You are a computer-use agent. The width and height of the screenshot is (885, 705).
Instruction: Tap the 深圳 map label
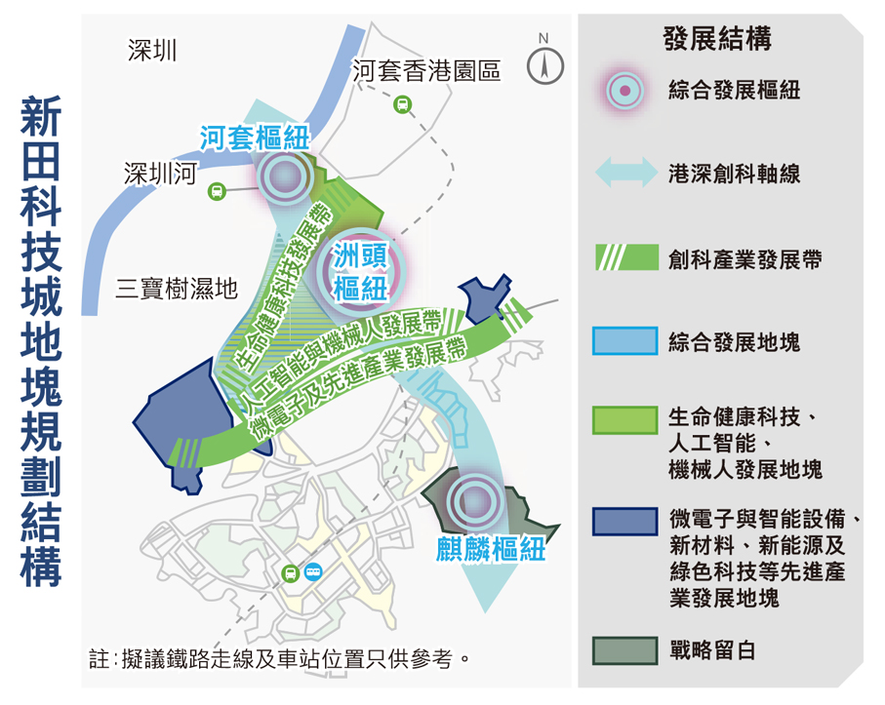(152, 50)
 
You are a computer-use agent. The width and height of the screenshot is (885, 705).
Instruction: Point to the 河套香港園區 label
(426, 71)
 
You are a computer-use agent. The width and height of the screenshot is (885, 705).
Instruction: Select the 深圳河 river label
(160, 174)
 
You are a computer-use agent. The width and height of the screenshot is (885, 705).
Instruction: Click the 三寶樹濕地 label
(176, 289)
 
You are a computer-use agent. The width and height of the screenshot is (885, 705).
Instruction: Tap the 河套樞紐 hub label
(255, 138)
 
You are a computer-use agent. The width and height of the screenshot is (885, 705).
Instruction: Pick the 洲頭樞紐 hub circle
(361, 273)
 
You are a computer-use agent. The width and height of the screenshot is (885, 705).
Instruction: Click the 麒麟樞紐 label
(491, 549)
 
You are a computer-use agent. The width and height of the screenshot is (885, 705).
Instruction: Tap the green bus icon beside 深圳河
(218, 192)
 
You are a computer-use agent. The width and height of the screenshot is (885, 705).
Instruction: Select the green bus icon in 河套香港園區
(402, 104)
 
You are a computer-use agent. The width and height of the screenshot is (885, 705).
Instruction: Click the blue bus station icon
(313, 572)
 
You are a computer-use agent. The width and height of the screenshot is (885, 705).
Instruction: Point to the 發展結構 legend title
(717, 39)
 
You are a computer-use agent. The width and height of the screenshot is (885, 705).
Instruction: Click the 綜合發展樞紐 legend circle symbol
(624, 91)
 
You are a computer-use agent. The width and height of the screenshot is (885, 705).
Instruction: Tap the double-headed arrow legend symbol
(626, 172)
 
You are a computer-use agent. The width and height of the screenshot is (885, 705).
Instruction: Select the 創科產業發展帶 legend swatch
(626, 257)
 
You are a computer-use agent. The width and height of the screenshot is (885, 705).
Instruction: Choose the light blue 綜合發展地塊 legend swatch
(624, 340)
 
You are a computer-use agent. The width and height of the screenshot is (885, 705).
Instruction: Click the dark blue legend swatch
(624, 521)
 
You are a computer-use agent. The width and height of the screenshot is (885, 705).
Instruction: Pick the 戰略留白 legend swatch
(624, 650)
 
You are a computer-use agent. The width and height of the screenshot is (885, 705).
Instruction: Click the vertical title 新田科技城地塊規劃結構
(41, 342)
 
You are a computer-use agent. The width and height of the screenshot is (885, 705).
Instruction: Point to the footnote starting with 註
(279, 659)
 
